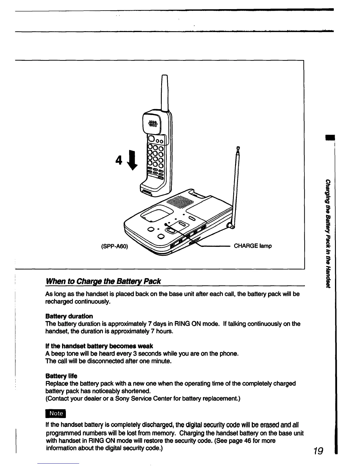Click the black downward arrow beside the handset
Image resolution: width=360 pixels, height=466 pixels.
134,161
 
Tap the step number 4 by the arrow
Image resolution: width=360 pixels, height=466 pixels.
119,160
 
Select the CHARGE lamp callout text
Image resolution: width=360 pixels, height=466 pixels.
253,246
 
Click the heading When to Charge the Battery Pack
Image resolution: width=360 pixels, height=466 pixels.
103,281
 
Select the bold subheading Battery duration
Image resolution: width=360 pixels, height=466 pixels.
69,316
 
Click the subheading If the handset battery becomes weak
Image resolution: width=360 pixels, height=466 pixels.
99,346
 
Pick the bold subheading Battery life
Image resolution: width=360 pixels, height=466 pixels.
61,376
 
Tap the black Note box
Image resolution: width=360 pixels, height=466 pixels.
56,413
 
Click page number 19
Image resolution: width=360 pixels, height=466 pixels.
318,451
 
